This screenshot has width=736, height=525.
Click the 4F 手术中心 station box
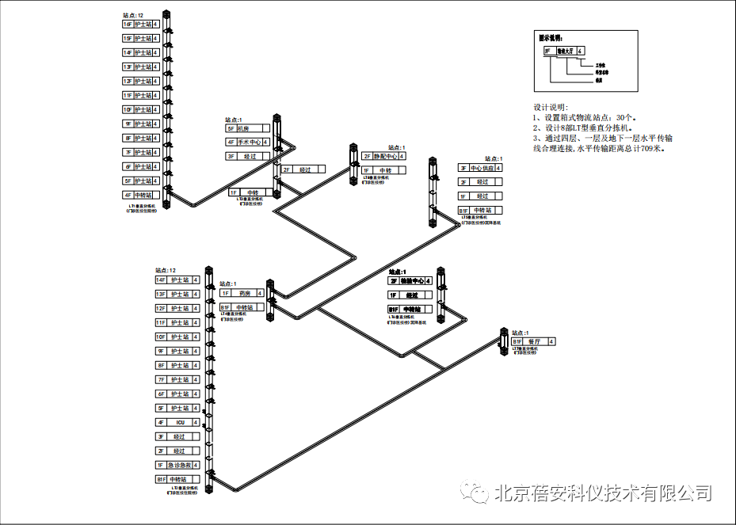(x=247, y=143)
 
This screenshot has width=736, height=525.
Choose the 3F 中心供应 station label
(x=481, y=168)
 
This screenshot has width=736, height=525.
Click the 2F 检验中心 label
(x=410, y=280)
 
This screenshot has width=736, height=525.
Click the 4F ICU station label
(x=176, y=423)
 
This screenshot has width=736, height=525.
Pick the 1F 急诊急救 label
(x=176, y=466)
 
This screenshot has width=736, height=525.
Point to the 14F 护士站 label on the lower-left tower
(x=176, y=280)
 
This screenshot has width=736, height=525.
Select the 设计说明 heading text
(x=551, y=107)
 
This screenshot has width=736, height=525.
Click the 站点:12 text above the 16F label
(x=133, y=15)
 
